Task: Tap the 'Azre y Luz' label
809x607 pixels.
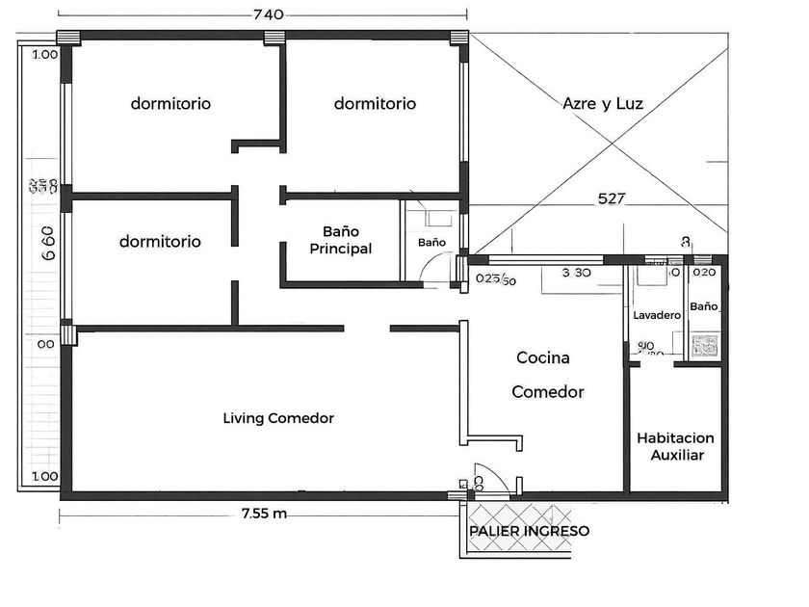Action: [603, 103]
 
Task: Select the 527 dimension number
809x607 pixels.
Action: [613, 199]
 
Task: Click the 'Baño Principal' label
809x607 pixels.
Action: [341, 240]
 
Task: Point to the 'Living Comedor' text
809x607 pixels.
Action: [278, 418]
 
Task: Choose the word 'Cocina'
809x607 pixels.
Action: [543, 357]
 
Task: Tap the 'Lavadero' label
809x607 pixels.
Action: [657, 316]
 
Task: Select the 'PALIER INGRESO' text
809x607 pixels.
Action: [529, 531]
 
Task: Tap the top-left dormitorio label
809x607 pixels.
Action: [171, 103]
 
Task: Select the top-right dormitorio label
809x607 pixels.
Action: [375, 103]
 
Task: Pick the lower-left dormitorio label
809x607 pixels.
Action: [160, 241]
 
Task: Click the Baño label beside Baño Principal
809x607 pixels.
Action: [431, 242]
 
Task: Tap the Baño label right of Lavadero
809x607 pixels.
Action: [704, 306]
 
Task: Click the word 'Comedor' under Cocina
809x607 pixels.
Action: [548, 392]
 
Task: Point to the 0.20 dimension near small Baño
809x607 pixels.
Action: [705, 273]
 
